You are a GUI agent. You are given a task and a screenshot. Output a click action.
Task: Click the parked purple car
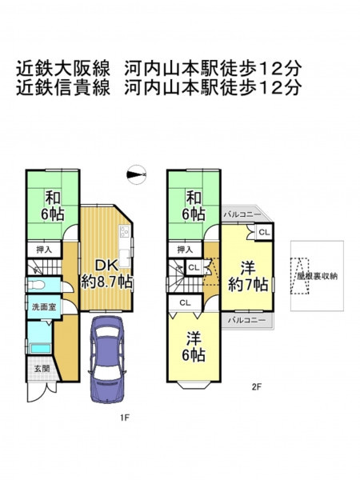pos(107,360)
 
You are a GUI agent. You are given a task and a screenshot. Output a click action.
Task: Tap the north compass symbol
pos(136,174)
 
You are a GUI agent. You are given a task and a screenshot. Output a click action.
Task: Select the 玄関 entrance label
pos(42,369)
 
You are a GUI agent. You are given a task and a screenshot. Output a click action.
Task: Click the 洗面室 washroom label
pos(44,306)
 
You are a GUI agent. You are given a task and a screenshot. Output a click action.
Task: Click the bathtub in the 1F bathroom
pos(41,349)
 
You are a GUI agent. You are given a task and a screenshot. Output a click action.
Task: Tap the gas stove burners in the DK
pos(124,230)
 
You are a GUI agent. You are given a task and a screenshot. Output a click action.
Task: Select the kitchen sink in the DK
pos(125,257)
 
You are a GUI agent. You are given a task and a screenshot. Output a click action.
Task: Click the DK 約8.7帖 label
pos(106,274)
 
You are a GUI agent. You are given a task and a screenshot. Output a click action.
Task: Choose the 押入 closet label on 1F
pos(44,250)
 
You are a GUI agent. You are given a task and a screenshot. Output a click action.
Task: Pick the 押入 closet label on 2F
pos(185,250)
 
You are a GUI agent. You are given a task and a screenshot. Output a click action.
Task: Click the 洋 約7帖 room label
pos(248,276)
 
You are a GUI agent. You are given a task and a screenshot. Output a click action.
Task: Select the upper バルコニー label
pos(242,214)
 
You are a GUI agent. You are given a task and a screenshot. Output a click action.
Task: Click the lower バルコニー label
pos(246,321)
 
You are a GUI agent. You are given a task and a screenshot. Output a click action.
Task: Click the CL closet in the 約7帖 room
pos(264,232)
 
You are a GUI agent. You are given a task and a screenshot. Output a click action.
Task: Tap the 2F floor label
pos(256,387)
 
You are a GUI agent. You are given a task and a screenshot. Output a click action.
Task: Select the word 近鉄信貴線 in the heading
pos(63,87)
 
